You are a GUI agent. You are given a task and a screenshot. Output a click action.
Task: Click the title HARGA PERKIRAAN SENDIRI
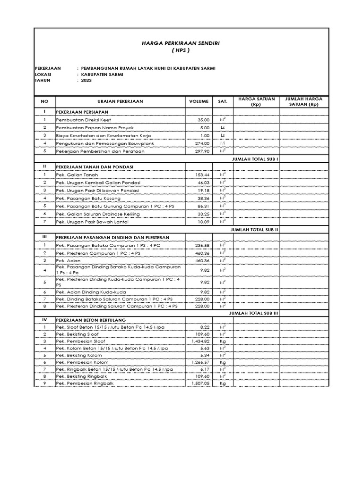click(181, 43)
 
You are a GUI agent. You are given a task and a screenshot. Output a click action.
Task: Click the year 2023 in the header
click(86, 81)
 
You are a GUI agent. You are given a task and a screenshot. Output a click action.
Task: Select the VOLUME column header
click(199, 101)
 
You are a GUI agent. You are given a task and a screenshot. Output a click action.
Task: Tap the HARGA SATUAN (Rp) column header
click(256, 101)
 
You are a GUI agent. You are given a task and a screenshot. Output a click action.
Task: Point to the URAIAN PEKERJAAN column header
click(120, 101)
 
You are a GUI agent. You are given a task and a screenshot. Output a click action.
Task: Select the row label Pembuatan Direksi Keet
click(80, 120)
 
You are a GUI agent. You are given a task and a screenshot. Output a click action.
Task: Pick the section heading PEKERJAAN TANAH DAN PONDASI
click(95, 167)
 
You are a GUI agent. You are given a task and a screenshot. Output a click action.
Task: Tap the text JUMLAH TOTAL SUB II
click(254, 229)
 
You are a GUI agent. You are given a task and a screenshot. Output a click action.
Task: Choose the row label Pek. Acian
click(69, 260)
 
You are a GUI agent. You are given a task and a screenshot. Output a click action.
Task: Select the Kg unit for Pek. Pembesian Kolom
click(223, 362)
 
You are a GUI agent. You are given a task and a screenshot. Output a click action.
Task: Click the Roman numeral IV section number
click(44, 319)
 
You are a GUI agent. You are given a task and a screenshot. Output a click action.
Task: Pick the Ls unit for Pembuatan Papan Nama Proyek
click(223, 128)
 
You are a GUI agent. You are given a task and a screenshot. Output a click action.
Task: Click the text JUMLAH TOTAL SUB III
click(254, 313)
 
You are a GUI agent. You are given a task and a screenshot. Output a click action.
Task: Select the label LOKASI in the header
click(43, 75)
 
